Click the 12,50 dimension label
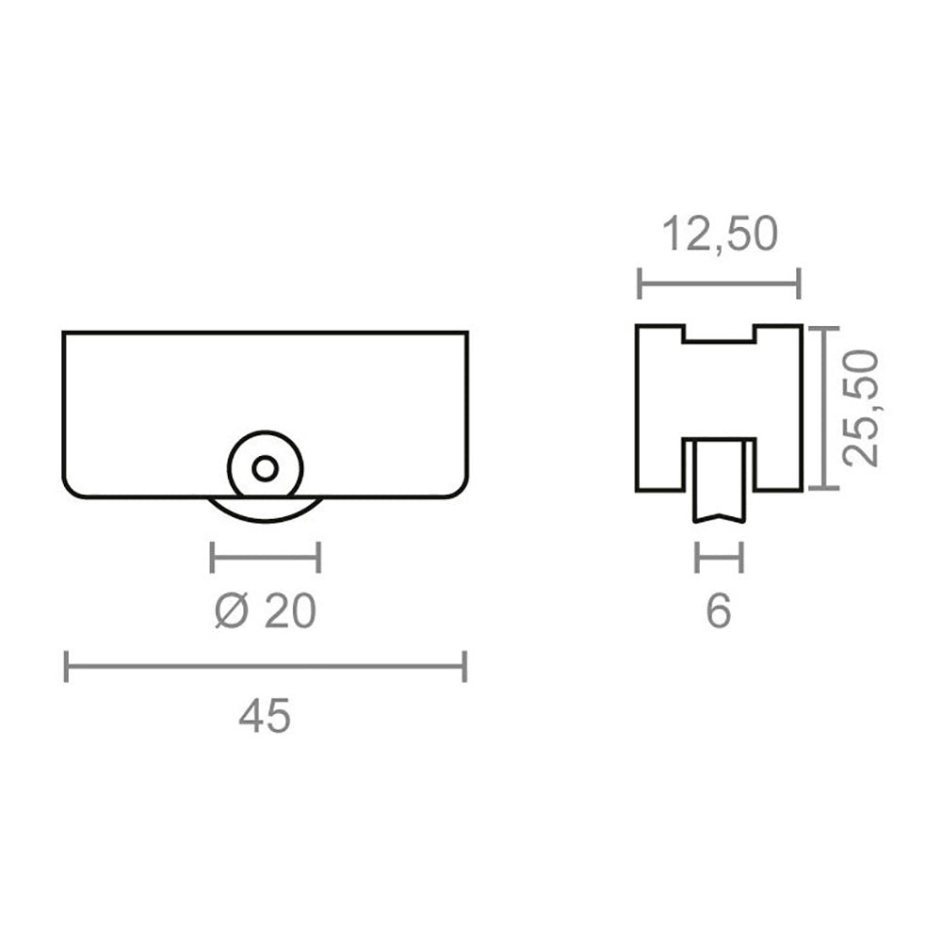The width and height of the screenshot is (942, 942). pyautogui.click(x=719, y=235)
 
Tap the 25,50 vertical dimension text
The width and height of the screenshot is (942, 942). pyautogui.click(x=860, y=408)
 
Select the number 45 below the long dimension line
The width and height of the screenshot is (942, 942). pyautogui.click(x=265, y=716)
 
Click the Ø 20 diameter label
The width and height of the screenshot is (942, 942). pyautogui.click(x=265, y=611)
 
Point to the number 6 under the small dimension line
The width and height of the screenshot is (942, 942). pyautogui.click(x=719, y=611)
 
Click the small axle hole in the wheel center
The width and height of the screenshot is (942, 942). pyautogui.click(x=265, y=468)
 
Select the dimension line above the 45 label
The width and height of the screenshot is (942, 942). pyautogui.click(x=265, y=666)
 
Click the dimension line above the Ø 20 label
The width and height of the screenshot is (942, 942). pyautogui.click(x=265, y=557)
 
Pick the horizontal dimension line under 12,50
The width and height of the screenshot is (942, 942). pyautogui.click(x=719, y=283)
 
